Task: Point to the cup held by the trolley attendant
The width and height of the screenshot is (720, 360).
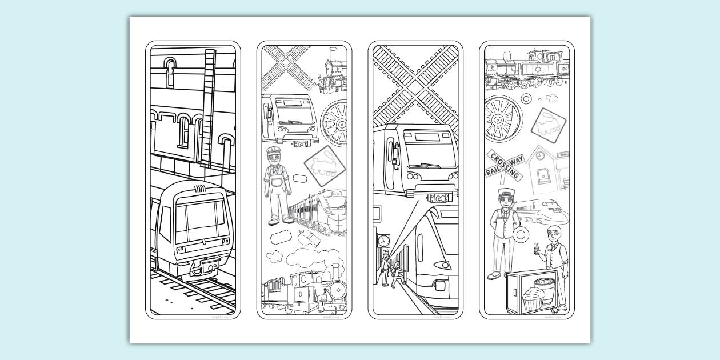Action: coord(537,249)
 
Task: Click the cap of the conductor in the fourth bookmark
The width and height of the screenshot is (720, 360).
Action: coord(506,193)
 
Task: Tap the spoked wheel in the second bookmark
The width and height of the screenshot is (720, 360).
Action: coord(334,122)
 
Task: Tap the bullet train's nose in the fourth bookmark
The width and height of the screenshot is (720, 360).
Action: coord(557,215)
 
